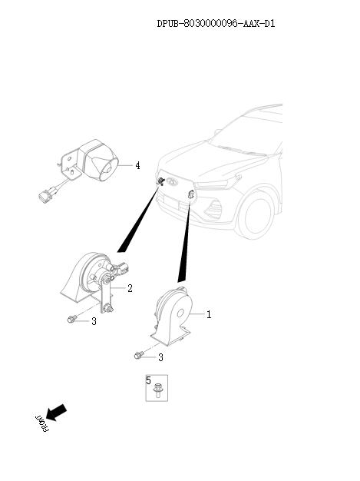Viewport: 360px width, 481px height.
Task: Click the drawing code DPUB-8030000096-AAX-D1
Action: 216,24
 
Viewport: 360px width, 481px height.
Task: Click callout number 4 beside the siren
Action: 138,166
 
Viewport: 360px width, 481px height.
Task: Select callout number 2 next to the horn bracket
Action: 130,288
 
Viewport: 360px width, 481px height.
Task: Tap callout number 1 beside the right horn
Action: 209,314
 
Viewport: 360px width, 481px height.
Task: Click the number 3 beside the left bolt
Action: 94,321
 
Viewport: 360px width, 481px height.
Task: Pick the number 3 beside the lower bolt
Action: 161,357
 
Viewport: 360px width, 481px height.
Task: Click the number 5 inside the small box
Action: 149,380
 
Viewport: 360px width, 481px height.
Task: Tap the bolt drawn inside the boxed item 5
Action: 158,390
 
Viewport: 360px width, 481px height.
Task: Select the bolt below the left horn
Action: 71,319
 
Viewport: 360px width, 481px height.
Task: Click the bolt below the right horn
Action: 139,355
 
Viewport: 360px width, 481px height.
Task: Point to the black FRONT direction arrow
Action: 56,413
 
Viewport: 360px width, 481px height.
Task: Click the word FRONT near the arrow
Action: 42,424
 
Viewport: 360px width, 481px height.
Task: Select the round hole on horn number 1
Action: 180,313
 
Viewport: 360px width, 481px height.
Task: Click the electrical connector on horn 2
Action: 123,268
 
